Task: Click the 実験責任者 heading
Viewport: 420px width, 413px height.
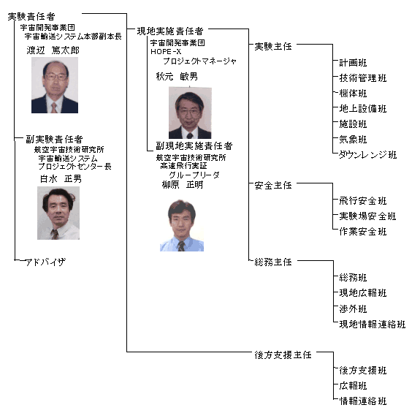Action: pos(31,17)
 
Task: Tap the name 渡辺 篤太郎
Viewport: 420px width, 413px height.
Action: pos(53,50)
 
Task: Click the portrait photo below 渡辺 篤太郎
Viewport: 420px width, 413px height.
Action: pos(55,85)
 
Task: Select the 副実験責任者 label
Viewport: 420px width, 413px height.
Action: pos(54,140)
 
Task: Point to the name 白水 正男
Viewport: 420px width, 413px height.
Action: pos(61,179)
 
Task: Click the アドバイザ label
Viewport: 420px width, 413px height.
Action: pos(45,262)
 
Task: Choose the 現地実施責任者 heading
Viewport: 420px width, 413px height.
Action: pos(170,31)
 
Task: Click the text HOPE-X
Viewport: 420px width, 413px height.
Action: pos(166,51)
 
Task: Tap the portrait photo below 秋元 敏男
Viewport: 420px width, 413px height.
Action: pos(190,113)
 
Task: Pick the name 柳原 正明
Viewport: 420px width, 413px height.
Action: pos(183,185)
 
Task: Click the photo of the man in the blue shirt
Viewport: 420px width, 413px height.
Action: pos(182,225)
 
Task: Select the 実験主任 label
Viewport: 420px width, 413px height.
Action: pos(273,47)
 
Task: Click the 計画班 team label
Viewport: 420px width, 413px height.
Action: pos(353,63)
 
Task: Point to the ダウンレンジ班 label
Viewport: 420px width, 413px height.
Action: pos(367,155)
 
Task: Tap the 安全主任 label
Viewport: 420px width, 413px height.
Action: pos(273,186)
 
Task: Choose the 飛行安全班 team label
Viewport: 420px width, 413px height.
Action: pos(363,201)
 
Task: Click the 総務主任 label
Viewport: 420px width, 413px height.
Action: pos(273,262)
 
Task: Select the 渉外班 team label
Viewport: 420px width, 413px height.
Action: pos(353,309)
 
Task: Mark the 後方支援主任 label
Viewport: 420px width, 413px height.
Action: pos(283,355)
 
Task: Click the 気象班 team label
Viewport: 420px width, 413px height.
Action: pos(353,140)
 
